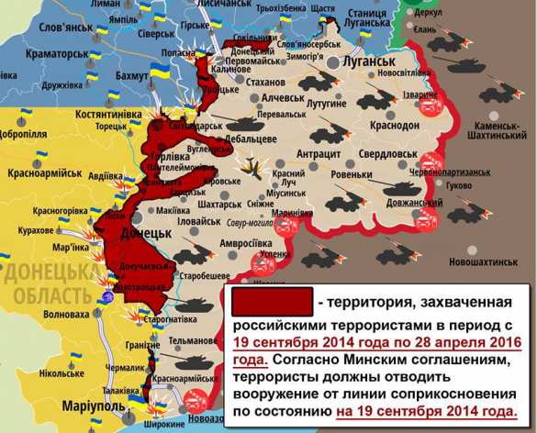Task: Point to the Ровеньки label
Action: click(352, 173)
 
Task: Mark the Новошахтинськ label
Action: click(475, 261)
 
